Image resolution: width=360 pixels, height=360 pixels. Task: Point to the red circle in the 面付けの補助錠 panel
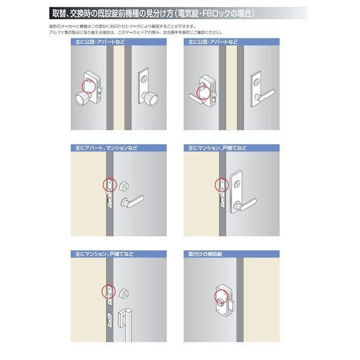pos(221,295)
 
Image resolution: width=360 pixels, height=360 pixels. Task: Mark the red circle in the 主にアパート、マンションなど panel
pos(109,184)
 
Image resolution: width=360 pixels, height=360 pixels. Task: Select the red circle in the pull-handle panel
pos(109,290)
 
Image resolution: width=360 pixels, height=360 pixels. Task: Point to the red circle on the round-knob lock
pos(89,85)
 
